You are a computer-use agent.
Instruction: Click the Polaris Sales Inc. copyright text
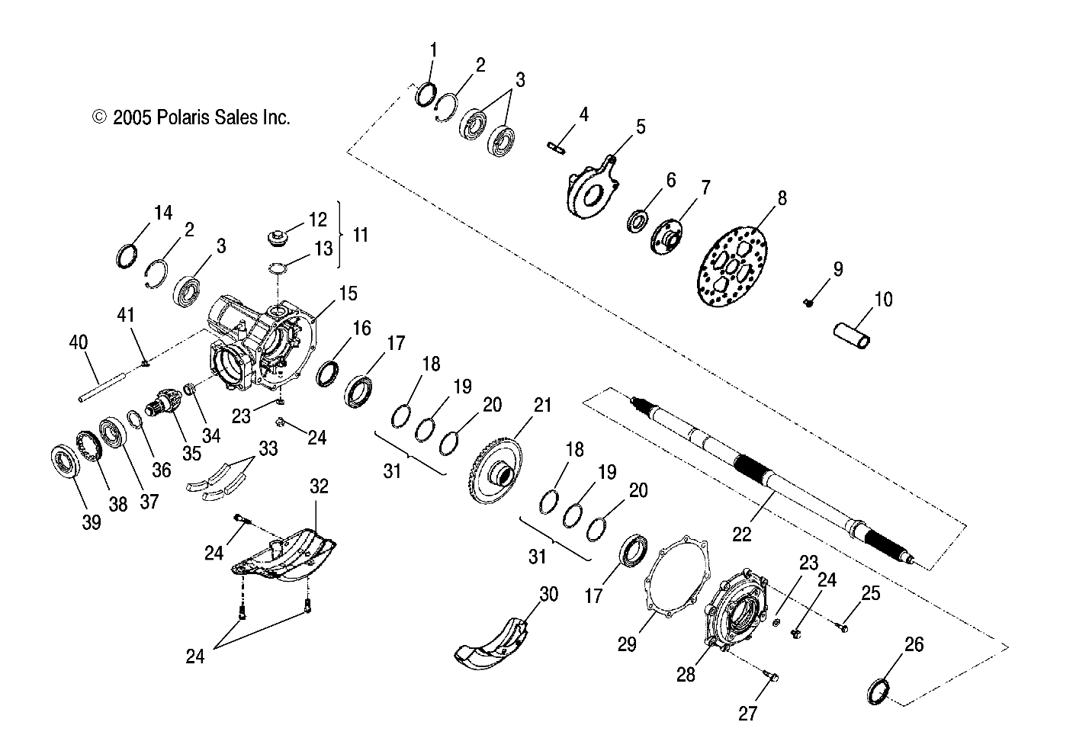(191, 117)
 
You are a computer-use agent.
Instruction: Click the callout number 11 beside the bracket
(360, 234)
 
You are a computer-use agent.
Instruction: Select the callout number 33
(268, 448)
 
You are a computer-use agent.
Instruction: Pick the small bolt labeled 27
(772, 676)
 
